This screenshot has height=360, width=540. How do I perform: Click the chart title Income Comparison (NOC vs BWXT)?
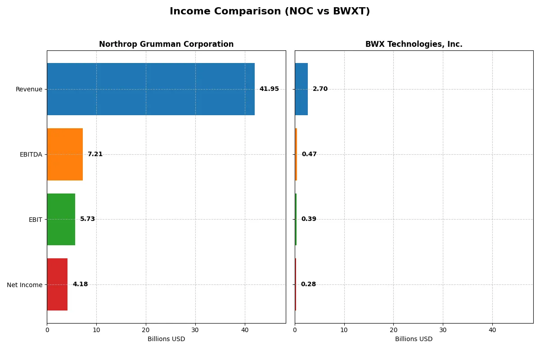tap(270, 12)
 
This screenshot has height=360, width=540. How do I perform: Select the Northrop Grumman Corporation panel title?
tap(166, 44)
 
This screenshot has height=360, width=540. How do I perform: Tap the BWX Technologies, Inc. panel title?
tap(414, 44)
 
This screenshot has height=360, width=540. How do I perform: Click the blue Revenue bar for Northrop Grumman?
tap(151, 89)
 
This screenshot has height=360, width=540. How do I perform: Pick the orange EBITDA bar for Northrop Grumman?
tap(65, 154)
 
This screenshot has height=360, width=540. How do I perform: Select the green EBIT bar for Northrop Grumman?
tap(61, 220)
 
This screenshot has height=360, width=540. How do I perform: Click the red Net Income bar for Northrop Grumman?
tap(57, 284)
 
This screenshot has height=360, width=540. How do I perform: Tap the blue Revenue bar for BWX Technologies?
tap(301, 89)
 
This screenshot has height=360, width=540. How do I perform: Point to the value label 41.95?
tap(269, 89)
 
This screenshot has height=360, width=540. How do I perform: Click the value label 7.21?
tap(95, 154)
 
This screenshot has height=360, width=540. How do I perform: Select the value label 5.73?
tap(87, 219)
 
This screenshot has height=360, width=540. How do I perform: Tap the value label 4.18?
tap(80, 284)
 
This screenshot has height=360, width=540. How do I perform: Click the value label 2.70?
tap(320, 89)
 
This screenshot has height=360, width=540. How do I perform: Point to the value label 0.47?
tap(309, 154)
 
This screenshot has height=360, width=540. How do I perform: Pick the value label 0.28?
tap(308, 284)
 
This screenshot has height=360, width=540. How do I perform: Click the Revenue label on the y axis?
tap(29, 89)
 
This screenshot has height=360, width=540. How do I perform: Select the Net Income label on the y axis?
tap(25, 285)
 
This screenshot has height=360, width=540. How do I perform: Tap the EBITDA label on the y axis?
tap(31, 154)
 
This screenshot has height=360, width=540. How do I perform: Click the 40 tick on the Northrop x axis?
tap(245, 330)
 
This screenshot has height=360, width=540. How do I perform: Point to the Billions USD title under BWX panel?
tap(414, 339)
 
